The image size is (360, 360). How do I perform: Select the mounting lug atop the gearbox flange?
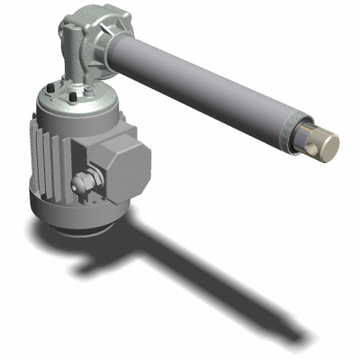tap(76, 7)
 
